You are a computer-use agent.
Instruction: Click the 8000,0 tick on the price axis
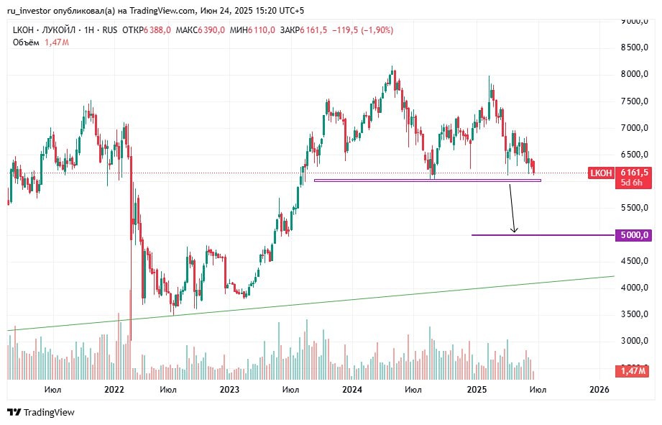[x=635, y=74]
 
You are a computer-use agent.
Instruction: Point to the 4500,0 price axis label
[x=635, y=262]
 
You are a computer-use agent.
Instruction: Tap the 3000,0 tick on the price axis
[x=635, y=341]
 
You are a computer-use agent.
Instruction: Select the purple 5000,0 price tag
[x=635, y=235]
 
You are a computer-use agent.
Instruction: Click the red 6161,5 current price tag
[x=634, y=173]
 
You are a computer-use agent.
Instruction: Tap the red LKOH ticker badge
[x=601, y=173]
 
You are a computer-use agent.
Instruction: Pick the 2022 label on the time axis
[x=114, y=389]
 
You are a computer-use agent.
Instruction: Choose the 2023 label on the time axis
[x=229, y=389]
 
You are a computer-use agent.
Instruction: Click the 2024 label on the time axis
[x=352, y=389]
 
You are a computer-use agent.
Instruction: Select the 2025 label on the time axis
[x=477, y=389]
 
